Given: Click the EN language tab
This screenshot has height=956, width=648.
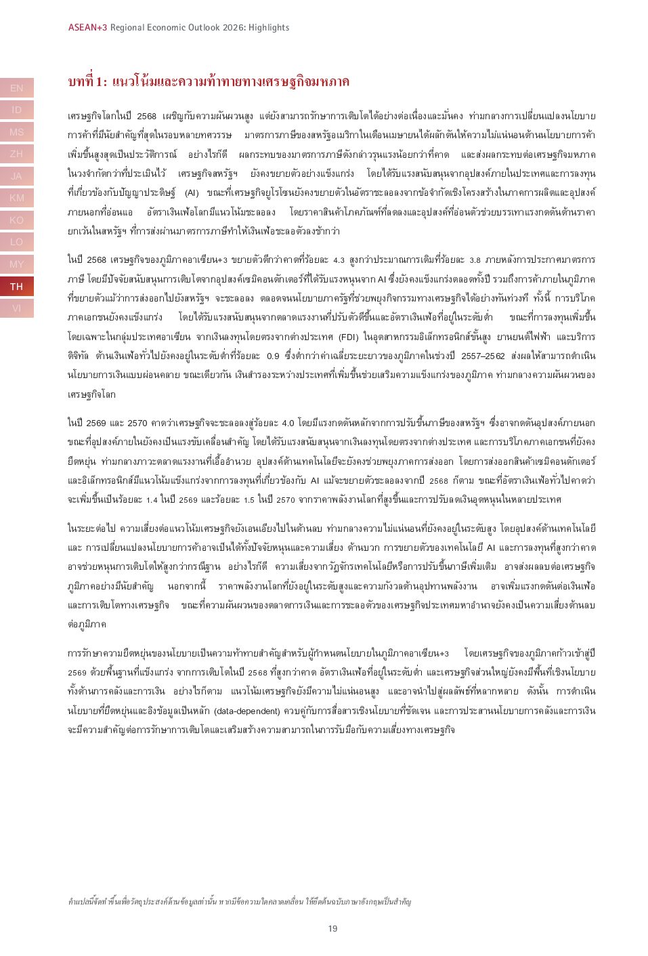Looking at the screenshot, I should point(16,88).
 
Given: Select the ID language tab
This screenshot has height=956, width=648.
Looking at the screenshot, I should point(16,110).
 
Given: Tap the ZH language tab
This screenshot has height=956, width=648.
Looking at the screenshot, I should point(16,154).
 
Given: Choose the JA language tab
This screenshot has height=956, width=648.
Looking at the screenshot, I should point(16,176).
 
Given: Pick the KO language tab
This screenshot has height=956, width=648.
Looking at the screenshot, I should point(16,220).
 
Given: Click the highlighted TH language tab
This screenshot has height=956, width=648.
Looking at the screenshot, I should point(16,287).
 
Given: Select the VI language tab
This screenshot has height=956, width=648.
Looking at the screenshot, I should point(16,308).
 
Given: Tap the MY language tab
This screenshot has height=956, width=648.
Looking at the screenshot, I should point(16,264).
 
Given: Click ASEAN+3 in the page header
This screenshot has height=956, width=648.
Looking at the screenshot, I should point(87,28).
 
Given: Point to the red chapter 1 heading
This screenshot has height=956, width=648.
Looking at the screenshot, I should point(209,82).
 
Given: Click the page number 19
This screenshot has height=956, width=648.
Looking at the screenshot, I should point(332,928).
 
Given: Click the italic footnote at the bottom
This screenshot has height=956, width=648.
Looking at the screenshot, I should point(239,902).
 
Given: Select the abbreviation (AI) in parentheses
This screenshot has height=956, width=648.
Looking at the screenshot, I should point(191,193).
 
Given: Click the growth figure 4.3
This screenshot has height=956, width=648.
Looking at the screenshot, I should point(339,259).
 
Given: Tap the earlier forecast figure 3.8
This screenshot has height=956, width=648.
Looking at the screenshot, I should point(475,259).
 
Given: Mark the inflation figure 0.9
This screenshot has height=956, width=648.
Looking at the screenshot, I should point(273,356).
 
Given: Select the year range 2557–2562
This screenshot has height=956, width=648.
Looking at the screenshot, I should point(483,356).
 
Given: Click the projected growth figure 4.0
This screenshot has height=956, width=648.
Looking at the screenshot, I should point(287,423).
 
